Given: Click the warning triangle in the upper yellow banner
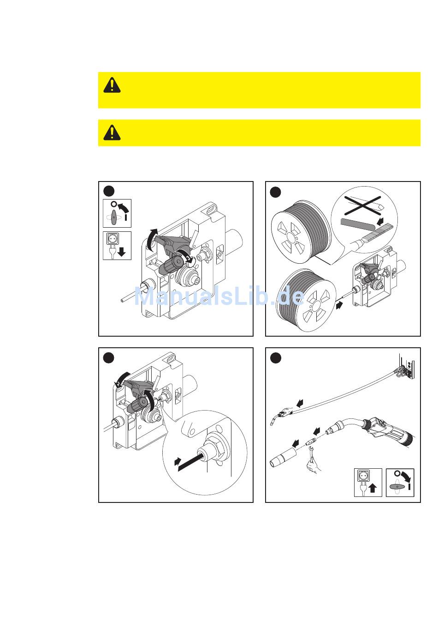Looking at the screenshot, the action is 112,85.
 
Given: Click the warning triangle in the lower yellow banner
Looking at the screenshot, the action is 112,133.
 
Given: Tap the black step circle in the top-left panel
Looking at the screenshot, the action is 109,192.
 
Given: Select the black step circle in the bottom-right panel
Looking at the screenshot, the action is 276,358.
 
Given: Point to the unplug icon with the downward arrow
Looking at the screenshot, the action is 117,246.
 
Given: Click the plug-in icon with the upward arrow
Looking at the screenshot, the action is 368,482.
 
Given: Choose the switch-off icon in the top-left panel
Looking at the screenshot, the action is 117,213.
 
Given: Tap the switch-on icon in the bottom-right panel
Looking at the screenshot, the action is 400,482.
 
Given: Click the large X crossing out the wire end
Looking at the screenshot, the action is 362,206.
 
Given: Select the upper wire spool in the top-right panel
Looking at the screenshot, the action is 301,231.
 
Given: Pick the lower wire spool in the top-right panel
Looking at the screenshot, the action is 306,300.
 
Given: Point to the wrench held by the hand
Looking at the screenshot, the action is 312,452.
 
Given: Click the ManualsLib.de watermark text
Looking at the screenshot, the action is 219,296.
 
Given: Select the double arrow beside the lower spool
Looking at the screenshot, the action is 339,305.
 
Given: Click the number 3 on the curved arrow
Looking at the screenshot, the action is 188,258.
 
